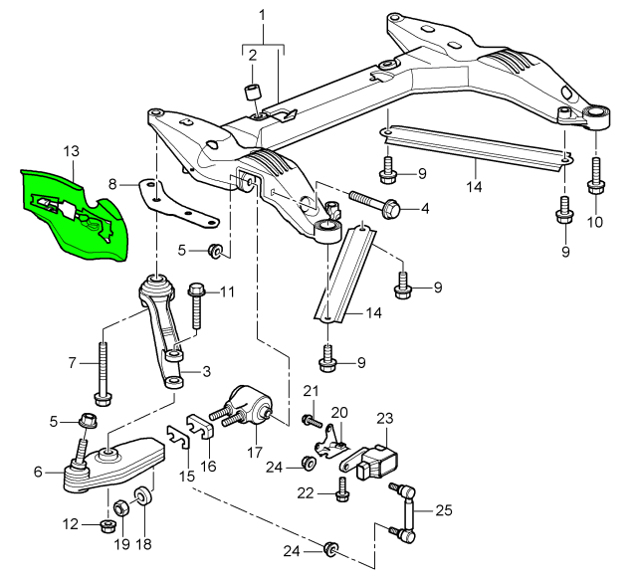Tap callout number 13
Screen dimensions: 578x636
(x=70, y=151)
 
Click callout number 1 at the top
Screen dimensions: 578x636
(x=262, y=15)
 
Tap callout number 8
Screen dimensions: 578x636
(x=112, y=183)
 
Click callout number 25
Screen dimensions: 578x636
(x=443, y=511)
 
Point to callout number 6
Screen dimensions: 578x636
(x=38, y=473)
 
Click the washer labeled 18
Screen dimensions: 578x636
(x=144, y=493)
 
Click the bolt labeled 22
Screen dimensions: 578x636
(x=343, y=486)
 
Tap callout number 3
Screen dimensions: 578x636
(x=207, y=372)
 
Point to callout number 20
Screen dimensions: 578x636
(x=338, y=412)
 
